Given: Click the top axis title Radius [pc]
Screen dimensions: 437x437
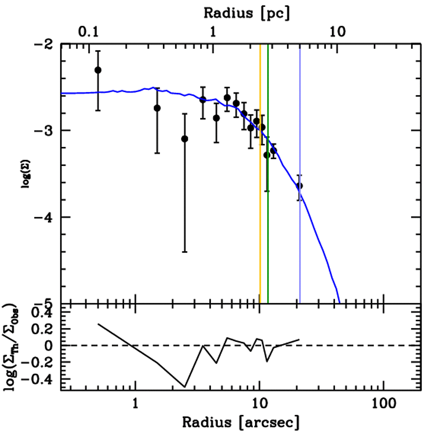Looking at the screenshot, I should (247, 13).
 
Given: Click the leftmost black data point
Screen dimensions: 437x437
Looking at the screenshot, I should (98, 70).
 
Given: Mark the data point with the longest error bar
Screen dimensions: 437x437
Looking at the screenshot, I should (184, 139).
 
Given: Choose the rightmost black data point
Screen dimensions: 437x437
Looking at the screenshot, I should (300, 186).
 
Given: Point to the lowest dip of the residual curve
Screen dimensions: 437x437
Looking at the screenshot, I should (185, 387).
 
